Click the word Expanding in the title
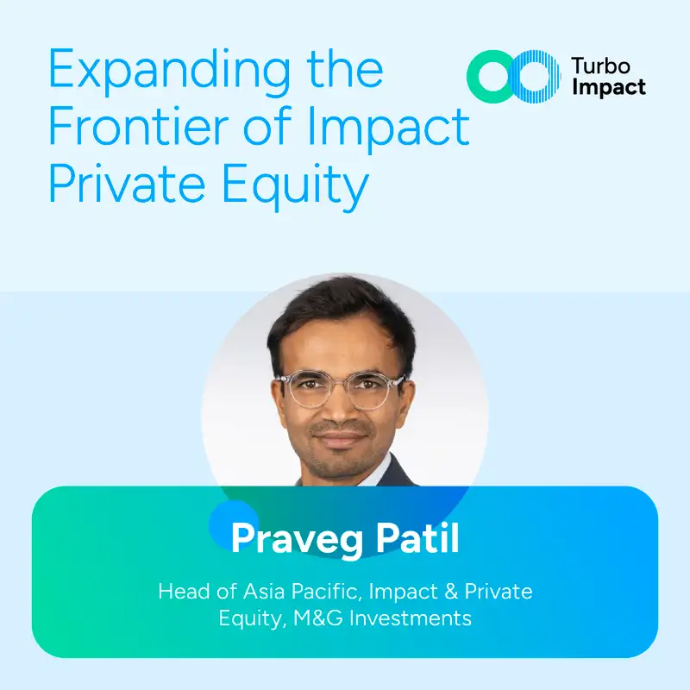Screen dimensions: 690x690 [169, 72]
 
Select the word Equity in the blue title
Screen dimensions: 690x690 [295, 185]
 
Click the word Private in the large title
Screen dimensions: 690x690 [127, 183]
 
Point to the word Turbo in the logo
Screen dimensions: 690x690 [600, 66]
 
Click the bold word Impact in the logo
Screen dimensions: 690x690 [609, 88]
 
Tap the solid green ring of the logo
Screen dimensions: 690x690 [491, 77]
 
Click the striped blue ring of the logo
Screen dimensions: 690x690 [535, 77]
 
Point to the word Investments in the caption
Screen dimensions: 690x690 [411, 618]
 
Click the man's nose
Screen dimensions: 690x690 [340, 408]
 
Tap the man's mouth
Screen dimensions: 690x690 [340, 437]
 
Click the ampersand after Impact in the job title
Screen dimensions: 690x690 [451, 592]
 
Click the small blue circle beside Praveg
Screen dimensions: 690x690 [233, 524]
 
